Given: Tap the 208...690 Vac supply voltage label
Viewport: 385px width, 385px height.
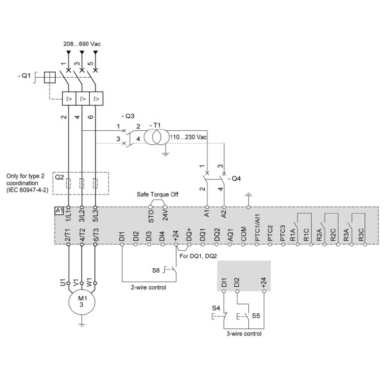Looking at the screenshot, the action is (82, 44).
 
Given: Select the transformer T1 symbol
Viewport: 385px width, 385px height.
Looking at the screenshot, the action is (157, 137).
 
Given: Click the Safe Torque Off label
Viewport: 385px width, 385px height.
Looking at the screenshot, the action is (157, 194).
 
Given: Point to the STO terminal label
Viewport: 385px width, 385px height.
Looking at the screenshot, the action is (151, 216).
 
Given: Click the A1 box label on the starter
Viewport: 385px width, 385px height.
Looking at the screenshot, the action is (59, 211).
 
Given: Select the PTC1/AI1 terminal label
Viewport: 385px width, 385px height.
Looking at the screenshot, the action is (257, 227).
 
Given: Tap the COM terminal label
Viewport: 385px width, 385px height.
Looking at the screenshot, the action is (243, 234).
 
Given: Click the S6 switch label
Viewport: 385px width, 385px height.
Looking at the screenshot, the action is (156, 271).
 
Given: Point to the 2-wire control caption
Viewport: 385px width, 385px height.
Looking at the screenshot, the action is (148, 287).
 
